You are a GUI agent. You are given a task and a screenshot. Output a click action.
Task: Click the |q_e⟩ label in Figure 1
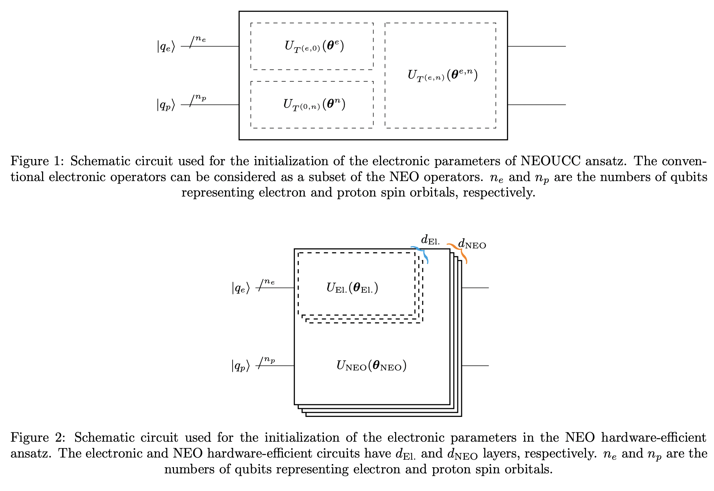click(x=166, y=47)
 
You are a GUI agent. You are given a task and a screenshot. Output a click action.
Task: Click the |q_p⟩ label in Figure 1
click(x=166, y=105)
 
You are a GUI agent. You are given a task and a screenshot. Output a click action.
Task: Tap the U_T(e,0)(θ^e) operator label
click(x=314, y=46)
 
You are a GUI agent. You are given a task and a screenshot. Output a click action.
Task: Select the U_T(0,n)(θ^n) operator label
click(x=314, y=105)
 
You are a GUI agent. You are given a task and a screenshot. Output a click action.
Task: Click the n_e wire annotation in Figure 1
click(x=201, y=39)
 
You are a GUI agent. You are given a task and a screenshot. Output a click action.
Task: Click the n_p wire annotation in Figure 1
click(x=201, y=98)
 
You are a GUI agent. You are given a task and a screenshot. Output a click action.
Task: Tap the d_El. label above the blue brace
click(x=430, y=240)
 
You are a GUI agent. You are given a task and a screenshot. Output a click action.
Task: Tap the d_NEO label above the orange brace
click(x=472, y=244)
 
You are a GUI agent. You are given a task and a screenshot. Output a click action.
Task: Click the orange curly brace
click(x=459, y=252)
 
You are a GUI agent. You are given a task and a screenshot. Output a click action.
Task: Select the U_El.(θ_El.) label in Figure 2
click(x=352, y=288)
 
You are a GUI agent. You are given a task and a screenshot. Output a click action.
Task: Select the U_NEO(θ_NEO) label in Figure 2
click(x=371, y=366)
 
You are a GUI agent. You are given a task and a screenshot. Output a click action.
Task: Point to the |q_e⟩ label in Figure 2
click(x=241, y=288)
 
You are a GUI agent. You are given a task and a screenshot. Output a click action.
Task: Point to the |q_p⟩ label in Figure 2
click(x=241, y=366)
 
